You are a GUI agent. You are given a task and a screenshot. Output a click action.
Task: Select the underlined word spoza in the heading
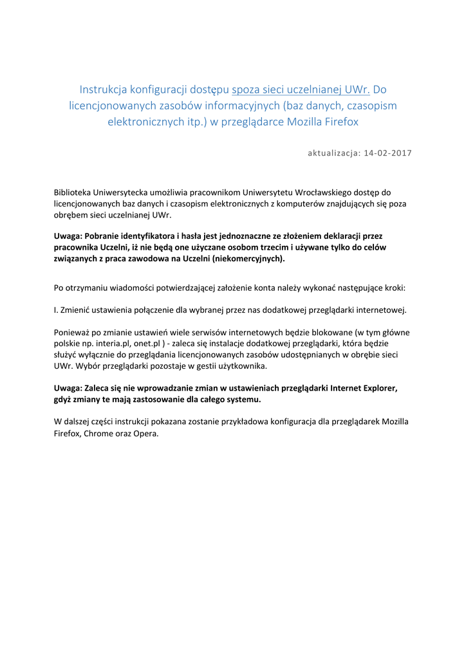pyautogui.click(x=247, y=89)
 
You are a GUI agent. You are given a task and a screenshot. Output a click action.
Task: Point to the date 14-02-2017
pyautogui.click(x=387, y=153)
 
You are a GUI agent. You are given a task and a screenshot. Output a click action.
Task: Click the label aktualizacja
pyautogui.click(x=333, y=153)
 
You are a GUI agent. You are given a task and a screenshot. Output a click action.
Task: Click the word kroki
pyautogui.click(x=394, y=288)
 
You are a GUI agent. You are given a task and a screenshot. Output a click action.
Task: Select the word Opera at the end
pyautogui.click(x=145, y=432)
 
